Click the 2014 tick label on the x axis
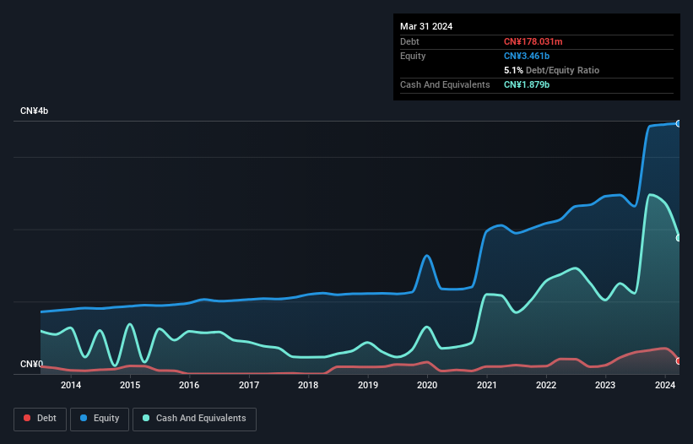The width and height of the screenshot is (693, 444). [71, 386]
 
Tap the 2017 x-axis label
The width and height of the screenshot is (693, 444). [249, 386]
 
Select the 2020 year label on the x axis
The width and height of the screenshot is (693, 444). [427, 386]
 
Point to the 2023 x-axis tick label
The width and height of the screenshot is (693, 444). [605, 386]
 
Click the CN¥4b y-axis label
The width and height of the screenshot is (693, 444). [35, 111]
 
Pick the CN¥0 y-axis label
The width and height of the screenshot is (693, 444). [31, 365]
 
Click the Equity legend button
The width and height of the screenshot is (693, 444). [100, 418]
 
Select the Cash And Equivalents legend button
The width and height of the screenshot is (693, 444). [194, 418]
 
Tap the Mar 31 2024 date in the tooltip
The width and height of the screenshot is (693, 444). [426, 26]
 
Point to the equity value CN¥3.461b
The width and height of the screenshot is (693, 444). [527, 56]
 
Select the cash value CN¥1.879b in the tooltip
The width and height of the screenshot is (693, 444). [527, 84]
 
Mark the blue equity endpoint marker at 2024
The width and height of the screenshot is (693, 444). [678, 123]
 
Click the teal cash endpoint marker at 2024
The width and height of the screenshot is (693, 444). [678, 237]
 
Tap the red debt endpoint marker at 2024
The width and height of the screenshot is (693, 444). [678, 360]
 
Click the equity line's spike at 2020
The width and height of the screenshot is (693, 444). [427, 255]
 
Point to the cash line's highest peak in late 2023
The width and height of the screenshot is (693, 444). [650, 194]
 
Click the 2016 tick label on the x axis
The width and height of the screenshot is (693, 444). [189, 386]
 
